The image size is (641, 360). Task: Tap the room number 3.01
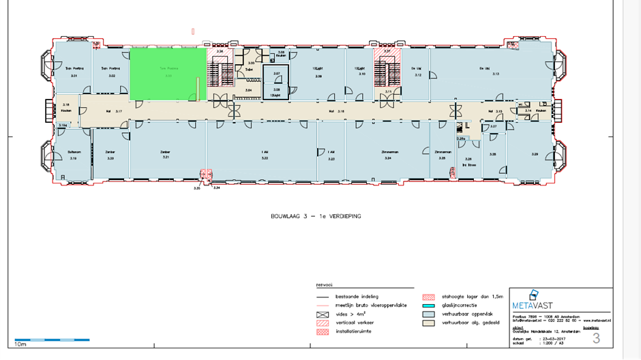pyautogui.click(x=74, y=76)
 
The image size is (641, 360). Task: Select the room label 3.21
pyautogui.click(x=165, y=157)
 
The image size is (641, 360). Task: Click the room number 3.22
pyautogui.click(x=264, y=157)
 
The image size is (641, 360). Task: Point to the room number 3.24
pyautogui.click(x=388, y=157)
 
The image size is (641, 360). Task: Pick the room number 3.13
pyautogui.click(x=496, y=74)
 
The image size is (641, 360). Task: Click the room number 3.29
pyautogui.click(x=535, y=155)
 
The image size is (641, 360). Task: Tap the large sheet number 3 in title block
pyautogui.click(x=596, y=337)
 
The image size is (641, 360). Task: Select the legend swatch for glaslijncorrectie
pyautogui.click(x=428, y=306)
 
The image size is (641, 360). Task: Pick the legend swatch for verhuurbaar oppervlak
pyautogui.click(x=428, y=315)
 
